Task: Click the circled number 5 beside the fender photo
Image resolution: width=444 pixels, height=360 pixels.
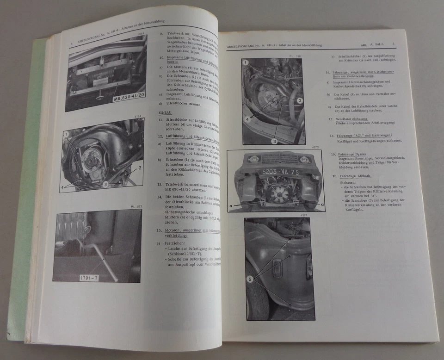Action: [250, 279]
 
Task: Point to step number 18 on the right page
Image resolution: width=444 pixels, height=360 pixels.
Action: [333, 135]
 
